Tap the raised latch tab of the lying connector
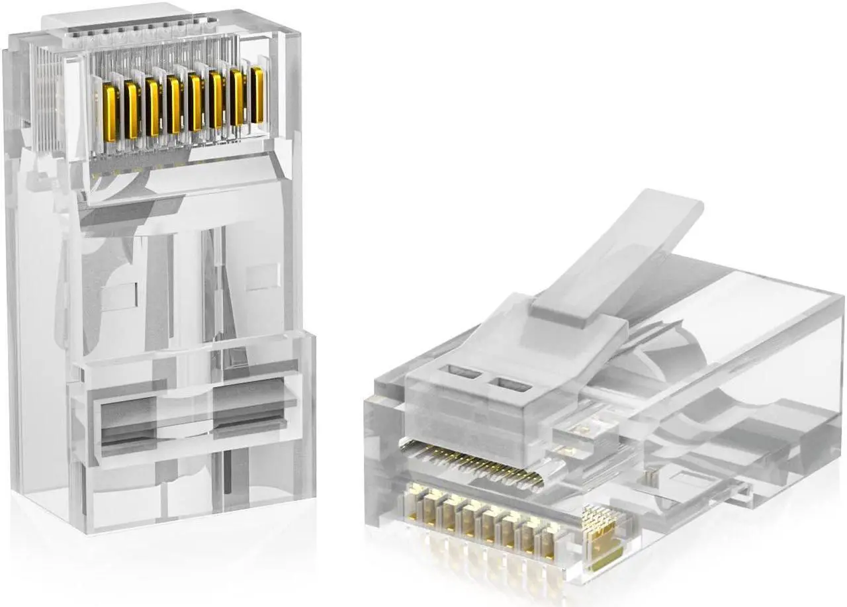(615, 252)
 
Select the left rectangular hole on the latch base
(465, 372)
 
